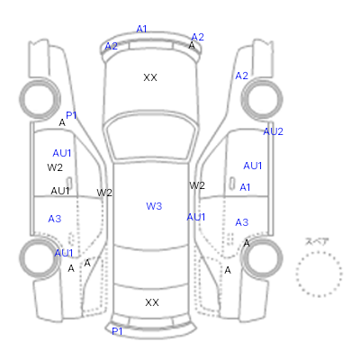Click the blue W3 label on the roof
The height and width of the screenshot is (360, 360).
tap(154, 206)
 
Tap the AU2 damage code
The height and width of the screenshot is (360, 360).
tap(273, 131)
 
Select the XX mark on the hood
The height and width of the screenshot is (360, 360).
tap(150, 77)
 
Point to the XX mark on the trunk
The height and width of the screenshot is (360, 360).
tap(152, 302)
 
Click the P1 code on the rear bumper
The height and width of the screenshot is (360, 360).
tap(117, 331)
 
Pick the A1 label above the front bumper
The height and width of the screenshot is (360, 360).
tap(141, 29)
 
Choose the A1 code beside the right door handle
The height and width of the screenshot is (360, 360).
tap(245, 187)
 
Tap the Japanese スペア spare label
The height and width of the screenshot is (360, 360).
tap(317, 241)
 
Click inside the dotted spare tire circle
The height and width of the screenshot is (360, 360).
tap(319, 274)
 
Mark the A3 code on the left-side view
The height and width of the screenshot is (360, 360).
tap(55, 219)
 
